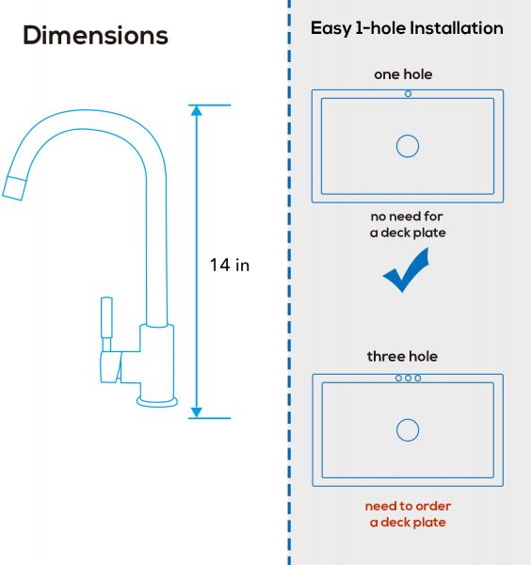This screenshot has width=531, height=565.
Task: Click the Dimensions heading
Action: (x=95, y=36)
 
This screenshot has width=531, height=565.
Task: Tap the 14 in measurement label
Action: (x=230, y=266)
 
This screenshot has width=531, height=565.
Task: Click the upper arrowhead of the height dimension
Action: (x=197, y=110)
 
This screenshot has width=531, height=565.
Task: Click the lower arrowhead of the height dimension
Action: (x=197, y=413)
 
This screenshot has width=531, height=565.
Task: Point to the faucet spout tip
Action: (x=14, y=188)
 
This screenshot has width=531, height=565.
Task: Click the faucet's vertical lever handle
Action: (x=106, y=317)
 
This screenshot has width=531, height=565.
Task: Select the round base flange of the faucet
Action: (x=157, y=402)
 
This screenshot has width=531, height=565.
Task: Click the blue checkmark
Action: (x=406, y=270)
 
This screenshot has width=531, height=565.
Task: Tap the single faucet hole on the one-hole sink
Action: (x=409, y=93)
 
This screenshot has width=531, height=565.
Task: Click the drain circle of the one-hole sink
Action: (x=408, y=146)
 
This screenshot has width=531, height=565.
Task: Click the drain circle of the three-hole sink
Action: (x=408, y=430)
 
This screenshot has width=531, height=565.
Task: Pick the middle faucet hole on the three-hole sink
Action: (x=409, y=378)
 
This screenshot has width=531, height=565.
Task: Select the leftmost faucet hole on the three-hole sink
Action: (x=399, y=378)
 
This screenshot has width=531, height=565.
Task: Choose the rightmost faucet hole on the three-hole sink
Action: (x=418, y=378)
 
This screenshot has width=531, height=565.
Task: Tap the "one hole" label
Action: (x=403, y=74)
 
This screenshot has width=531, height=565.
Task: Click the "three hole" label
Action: (x=402, y=356)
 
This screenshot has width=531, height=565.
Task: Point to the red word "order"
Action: (x=433, y=507)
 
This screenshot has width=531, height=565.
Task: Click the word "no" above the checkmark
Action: (x=378, y=217)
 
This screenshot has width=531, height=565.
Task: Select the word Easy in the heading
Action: (x=331, y=29)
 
